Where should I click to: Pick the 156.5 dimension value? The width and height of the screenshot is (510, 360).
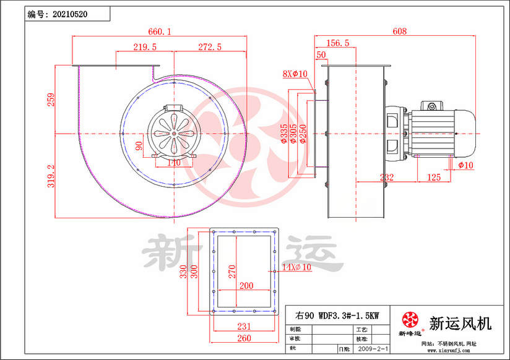point(337,43)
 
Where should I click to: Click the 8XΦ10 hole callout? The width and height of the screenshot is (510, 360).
point(295,74)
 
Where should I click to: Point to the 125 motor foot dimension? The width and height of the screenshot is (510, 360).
point(434,178)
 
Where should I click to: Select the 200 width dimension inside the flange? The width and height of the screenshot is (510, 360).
point(246,286)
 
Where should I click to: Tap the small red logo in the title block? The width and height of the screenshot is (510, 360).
point(409,320)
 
